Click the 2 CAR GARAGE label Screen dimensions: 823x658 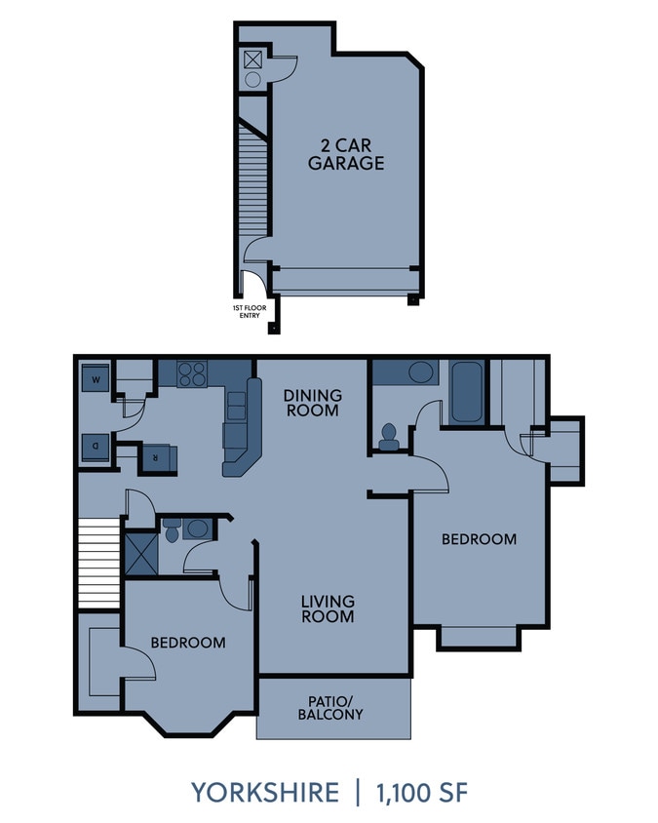345,154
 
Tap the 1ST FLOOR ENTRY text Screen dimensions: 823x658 249,311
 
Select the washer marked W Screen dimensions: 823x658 97,378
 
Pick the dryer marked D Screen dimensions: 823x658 97,446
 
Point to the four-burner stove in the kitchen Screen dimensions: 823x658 192,373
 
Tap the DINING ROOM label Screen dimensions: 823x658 312,403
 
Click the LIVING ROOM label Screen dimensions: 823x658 327,608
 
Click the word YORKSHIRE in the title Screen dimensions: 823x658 264,792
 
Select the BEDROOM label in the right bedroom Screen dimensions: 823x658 479,538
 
